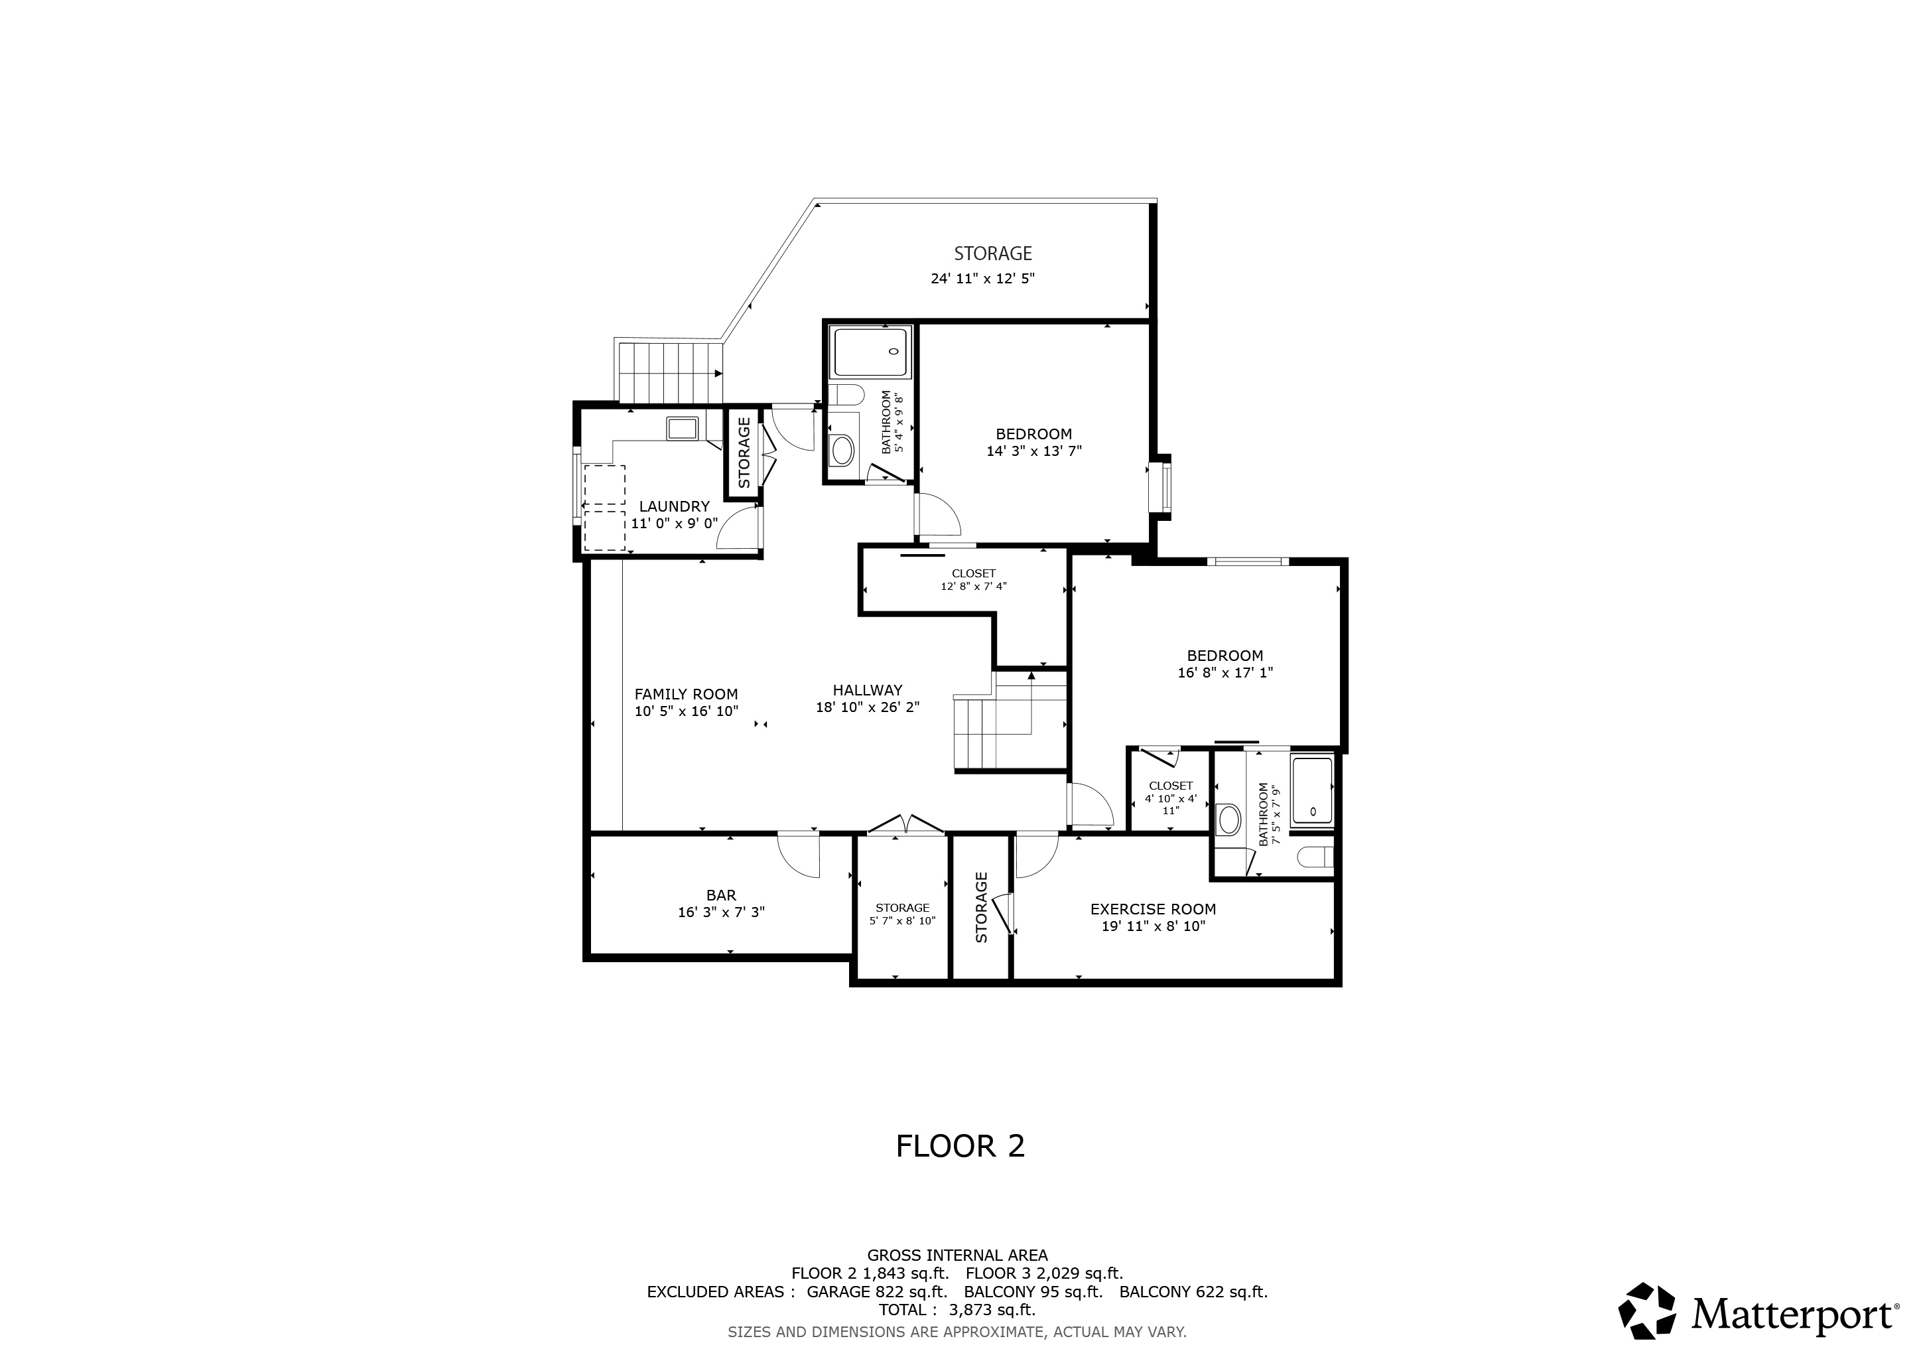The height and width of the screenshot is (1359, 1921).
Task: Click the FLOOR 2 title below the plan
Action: coord(960,1145)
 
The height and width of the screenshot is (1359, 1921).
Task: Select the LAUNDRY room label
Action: coord(675,506)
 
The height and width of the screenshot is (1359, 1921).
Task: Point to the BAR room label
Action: coord(721,895)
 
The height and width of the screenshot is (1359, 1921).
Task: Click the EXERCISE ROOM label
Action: coord(1153,909)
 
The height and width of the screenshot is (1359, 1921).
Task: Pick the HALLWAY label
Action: coord(868,690)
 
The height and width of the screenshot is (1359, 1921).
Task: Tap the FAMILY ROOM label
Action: coord(686,693)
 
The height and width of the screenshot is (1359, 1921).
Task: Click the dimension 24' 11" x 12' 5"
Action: coord(983,279)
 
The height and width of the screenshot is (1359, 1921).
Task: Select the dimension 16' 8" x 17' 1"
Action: coord(1226,672)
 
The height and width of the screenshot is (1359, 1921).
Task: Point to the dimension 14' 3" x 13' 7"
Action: coord(1034,451)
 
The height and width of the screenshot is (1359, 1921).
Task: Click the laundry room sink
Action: coord(682,429)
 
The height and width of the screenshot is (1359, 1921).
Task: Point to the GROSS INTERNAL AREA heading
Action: coord(957,1255)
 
